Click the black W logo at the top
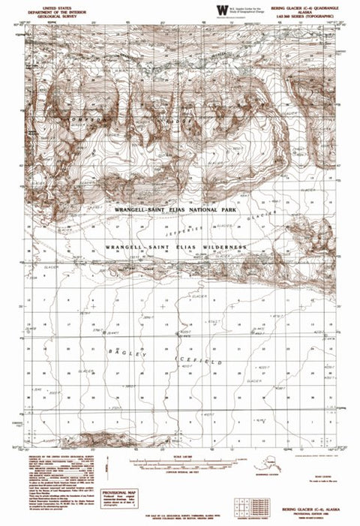pyautogui.click(x=221, y=8)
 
